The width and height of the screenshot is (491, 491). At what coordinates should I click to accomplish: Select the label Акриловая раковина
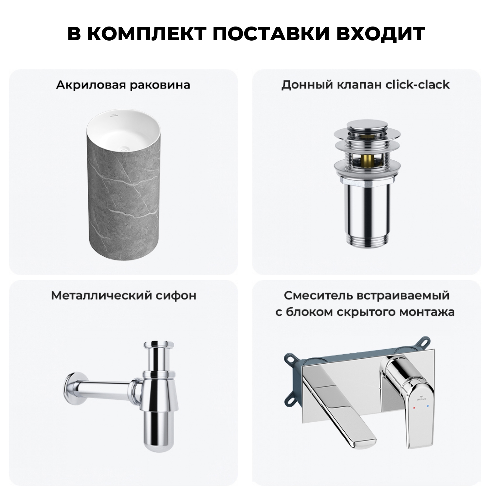123,85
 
